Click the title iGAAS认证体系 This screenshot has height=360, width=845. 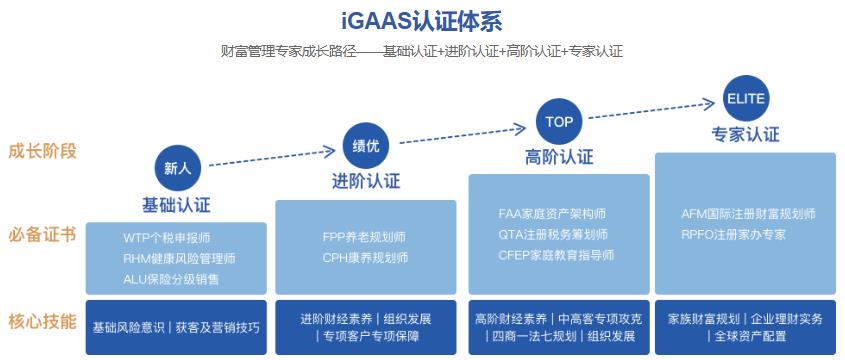[x=421, y=20]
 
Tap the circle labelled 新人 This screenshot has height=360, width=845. [x=177, y=167]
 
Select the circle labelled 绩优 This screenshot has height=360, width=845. [x=366, y=146]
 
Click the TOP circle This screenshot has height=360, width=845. [x=559, y=122]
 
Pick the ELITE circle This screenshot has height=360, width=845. [x=746, y=99]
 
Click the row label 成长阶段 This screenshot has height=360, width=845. [x=42, y=151]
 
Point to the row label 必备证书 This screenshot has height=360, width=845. [x=42, y=236]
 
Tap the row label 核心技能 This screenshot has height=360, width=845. [x=42, y=321]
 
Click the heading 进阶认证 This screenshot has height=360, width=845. [x=366, y=182]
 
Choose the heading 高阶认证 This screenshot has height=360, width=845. [x=559, y=157]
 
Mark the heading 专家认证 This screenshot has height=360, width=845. [x=746, y=134]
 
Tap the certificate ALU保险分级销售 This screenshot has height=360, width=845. [x=172, y=279]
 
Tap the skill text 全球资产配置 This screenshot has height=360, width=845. [x=745, y=337]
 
